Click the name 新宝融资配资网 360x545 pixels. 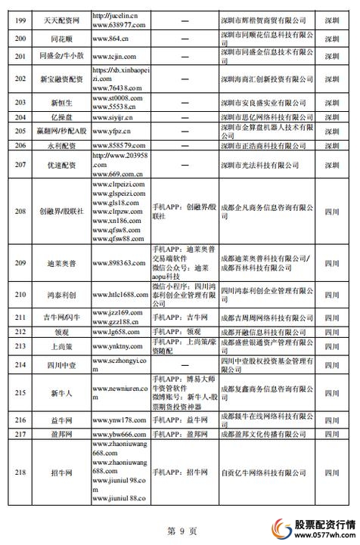[x=61, y=79]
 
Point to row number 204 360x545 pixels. [x=21, y=117]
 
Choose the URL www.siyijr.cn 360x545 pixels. [x=116, y=117]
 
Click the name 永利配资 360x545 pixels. [x=61, y=144]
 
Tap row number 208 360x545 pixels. [x=21, y=211]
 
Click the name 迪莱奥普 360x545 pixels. [x=61, y=263]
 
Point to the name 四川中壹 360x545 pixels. [x=61, y=364]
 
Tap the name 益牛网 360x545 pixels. [x=61, y=420]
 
